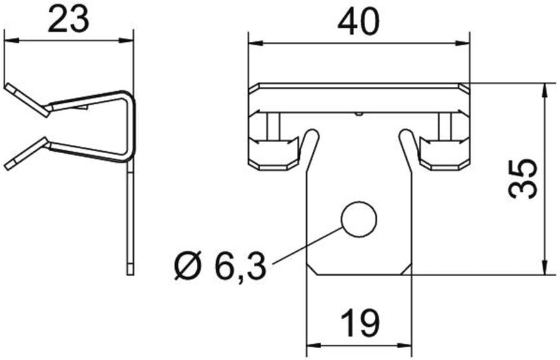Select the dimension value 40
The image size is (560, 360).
coord(358,22)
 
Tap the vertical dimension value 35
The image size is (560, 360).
coord(522,179)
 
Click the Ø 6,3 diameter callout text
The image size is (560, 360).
coord(221,266)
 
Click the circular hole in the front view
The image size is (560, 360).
coord(359,219)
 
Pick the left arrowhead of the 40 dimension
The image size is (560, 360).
coord(256,44)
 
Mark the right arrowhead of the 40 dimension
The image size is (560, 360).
coord(462,44)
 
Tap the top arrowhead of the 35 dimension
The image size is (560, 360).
coord(544,91)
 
